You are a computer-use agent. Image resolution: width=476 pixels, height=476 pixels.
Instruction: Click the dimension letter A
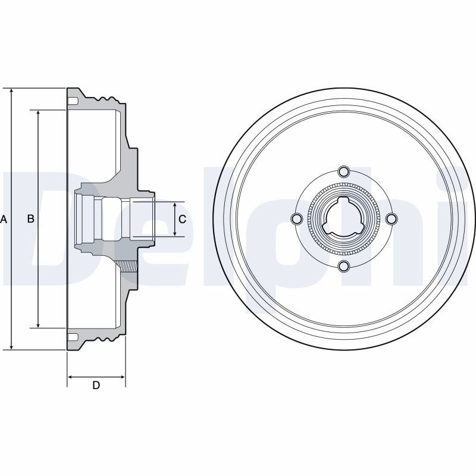tap(4, 219)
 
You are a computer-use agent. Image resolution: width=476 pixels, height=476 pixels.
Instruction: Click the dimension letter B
tap(31, 218)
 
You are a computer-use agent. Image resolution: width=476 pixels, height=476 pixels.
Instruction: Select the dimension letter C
tap(182, 219)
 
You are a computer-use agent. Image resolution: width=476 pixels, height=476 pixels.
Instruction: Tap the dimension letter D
tap(96, 385)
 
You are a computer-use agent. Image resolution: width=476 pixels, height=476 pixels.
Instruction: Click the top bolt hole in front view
tap(344, 171)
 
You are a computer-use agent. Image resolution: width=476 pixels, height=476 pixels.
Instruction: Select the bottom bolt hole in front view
tap(344, 266)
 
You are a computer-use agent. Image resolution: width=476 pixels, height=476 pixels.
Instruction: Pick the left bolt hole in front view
tap(296, 218)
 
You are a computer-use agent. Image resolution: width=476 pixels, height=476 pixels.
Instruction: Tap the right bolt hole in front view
tap(392, 218)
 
